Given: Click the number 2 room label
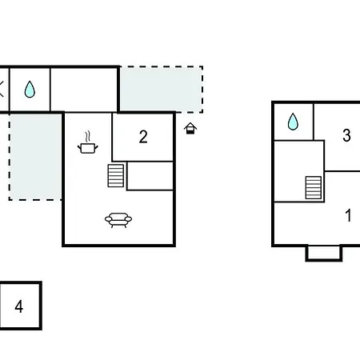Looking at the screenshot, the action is (x=143, y=137).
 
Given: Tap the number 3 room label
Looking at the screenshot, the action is (x=346, y=135).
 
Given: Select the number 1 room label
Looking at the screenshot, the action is (x=348, y=215).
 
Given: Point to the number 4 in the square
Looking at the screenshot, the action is (x=19, y=306).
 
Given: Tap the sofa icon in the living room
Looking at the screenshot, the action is (x=118, y=220).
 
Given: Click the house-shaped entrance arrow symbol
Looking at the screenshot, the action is (x=190, y=128).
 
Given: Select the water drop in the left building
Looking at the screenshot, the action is (x=30, y=89).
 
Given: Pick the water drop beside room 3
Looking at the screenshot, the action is (x=293, y=122).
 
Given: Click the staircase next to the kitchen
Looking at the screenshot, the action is (x=116, y=176).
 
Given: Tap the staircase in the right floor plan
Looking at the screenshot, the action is (x=314, y=188).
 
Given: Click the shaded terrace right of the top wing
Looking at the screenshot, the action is (x=161, y=90).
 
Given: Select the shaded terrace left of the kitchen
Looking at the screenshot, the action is (x=36, y=157).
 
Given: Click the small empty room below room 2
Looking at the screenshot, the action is (x=150, y=176).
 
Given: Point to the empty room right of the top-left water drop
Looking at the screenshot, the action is (x=83, y=90).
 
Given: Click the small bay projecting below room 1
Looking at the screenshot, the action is (x=324, y=253).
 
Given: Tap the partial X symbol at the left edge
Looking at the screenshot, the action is (x=2, y=89).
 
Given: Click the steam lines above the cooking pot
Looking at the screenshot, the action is (x=88, y=137).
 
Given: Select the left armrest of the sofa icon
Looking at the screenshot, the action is (x=108, y=219).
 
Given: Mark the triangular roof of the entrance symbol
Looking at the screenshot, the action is (x=190, y=125).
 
